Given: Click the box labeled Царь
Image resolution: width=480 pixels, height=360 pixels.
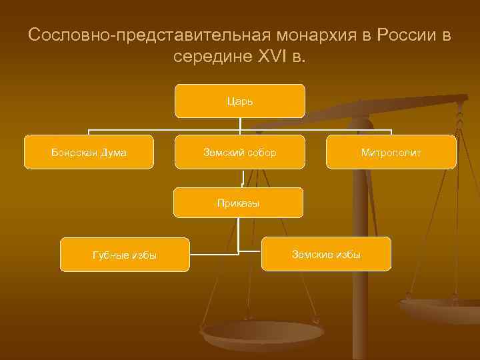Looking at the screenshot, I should click(239, 101).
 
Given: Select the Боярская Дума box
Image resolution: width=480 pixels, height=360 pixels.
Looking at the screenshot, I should click(89, 153).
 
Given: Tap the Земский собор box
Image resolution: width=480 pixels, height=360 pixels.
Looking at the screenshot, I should click(239, 153).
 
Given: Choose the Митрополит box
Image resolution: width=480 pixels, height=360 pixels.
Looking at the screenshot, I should click(391, 153).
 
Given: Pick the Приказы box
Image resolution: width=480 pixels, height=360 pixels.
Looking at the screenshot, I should click(238, 203).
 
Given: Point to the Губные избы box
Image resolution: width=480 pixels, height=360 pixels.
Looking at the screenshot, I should click(125, 255).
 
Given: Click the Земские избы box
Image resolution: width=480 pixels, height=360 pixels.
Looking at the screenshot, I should click(326, 254).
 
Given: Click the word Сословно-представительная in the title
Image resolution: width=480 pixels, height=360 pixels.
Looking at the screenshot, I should click(133, 35).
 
